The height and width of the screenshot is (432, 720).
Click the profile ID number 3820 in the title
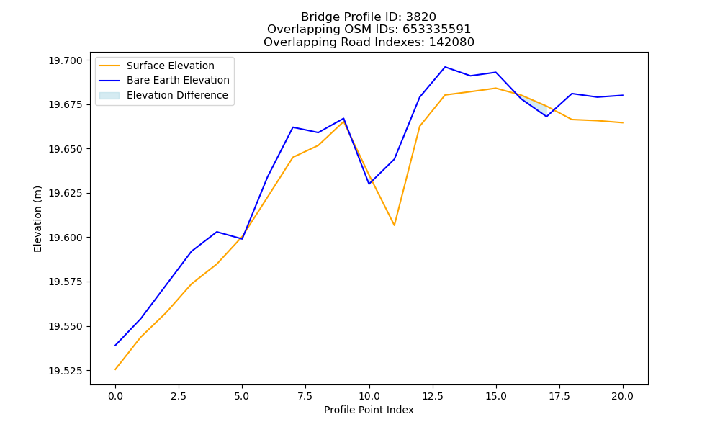[x=420, y=17]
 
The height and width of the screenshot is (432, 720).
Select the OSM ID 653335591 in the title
[x=437, y=30]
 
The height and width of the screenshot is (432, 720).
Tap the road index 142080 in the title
[x=451, y=42]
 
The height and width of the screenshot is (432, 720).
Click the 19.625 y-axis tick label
[x=66, y=193]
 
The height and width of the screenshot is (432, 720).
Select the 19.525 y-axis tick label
[x=66, y=371]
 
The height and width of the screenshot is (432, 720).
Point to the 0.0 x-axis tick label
[x=115, y=396]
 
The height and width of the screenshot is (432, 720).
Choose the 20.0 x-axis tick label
[x=623, y=396]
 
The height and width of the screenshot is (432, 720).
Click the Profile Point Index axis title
[x=369, y=410]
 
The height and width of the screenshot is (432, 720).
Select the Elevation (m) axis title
[x=37, y=219]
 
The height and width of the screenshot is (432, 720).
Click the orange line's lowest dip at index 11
[x=395, y=225]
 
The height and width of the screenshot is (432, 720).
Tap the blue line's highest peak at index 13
[x=445, y=67]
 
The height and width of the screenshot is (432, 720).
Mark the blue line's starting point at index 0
[x=115, y=345]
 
